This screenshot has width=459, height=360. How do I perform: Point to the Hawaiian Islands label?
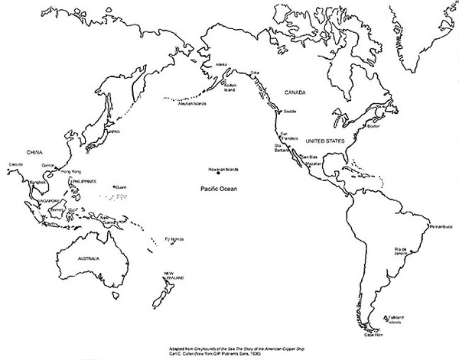point(223,169)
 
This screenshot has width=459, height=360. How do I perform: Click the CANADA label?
point(295,92)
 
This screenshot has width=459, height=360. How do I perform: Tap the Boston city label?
point(373,126)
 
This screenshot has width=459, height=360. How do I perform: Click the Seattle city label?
point(290,112)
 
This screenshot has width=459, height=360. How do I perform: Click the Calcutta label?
point(15,164)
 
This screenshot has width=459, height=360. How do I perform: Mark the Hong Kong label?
point(70,172)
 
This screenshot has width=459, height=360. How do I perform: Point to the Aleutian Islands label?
point(191,102)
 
